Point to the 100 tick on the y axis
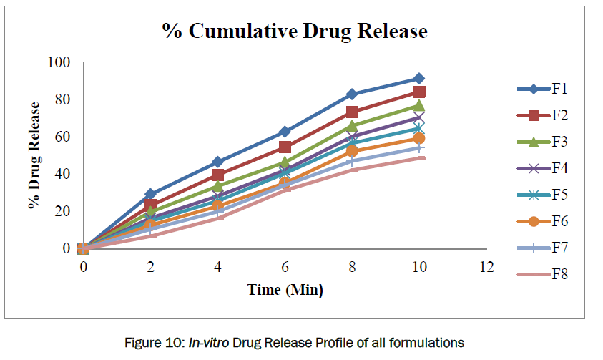pos(59,62)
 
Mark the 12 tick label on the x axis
pos(486,267)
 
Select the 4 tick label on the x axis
pos(217,267)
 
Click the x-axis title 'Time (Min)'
pos(285,290)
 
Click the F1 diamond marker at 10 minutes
pos(418,79)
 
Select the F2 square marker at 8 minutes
pos(352,112)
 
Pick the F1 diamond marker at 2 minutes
pos(150,194)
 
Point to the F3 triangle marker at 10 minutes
pos(418,106)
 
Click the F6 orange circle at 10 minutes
pos(418,138)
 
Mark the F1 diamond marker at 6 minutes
pos(285,132)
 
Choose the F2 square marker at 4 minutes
pos(217,175)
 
